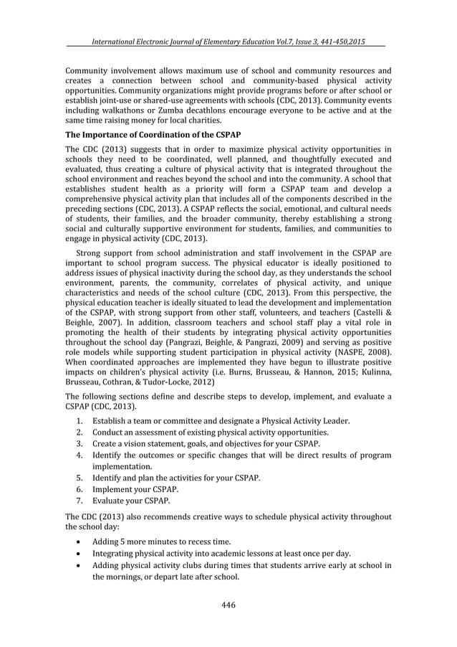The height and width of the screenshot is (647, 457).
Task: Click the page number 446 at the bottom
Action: click(228, 604)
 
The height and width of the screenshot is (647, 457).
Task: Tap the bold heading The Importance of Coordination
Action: click(153, 136)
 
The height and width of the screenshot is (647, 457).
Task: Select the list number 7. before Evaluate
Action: click(80, 500)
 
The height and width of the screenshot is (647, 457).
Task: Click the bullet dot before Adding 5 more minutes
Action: click(80, 539)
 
